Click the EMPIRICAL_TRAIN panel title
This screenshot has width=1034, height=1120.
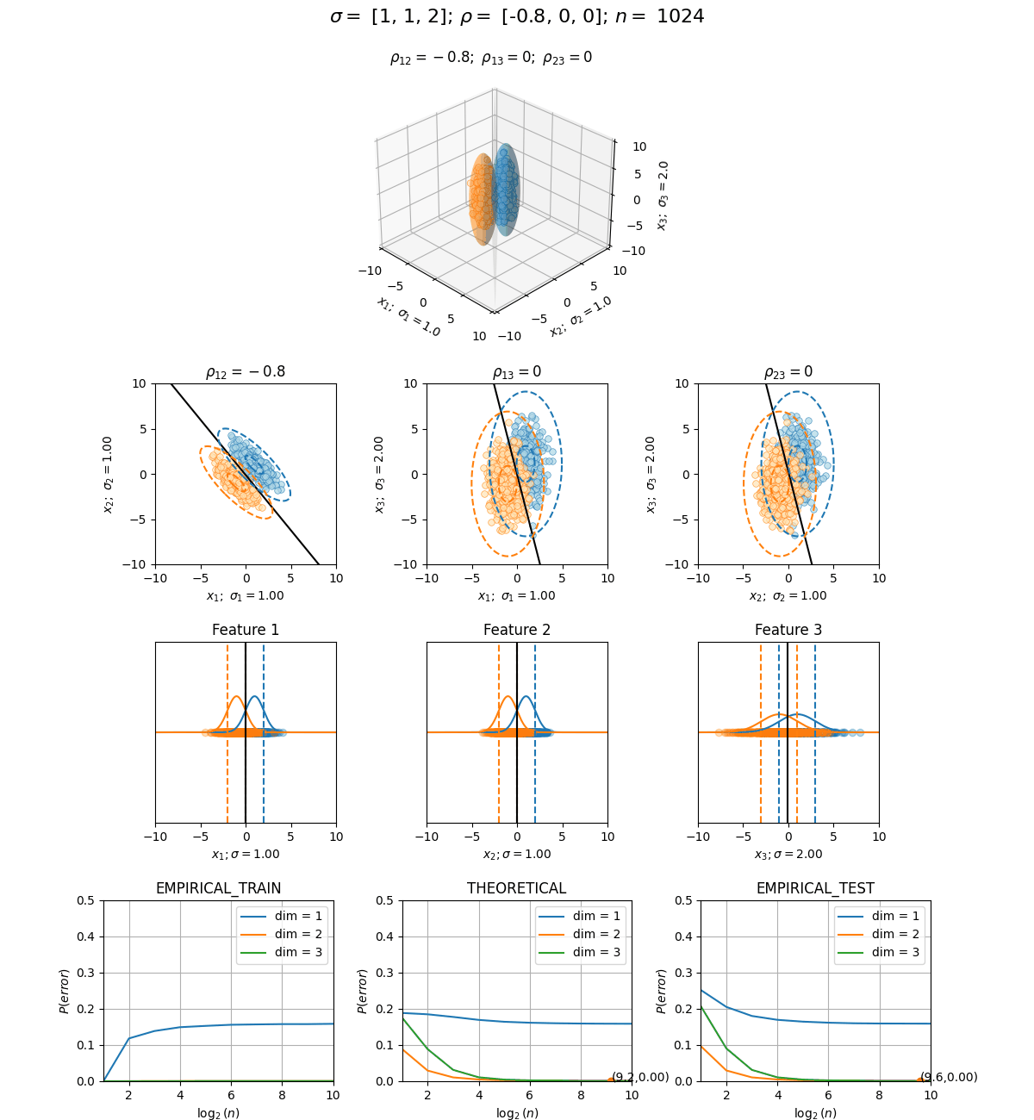[218, 888]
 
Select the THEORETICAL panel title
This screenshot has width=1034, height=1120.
[516, 888]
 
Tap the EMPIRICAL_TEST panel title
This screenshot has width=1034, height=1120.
[815, 888]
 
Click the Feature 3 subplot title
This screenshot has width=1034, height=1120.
[788, 630]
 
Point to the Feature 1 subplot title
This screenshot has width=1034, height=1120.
[246, 630]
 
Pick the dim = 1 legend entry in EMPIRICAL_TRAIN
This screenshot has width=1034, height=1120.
[281, 916]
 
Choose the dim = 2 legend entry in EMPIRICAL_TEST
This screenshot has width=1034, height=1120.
[878, 934]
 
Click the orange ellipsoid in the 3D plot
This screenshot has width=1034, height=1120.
[481, 199]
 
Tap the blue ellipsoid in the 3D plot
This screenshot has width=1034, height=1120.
[506, 189]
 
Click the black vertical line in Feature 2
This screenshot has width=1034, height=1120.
[517, 732]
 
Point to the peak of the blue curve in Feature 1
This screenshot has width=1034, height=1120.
[254, 696]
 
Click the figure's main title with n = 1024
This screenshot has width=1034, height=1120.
[517, 16]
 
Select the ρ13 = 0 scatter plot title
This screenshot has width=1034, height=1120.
[517, 371]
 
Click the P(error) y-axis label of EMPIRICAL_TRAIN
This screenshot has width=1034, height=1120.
[64, 991]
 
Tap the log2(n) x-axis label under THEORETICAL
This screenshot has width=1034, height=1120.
[517, 1112]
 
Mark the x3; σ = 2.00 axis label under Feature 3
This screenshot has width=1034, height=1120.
[788, 854]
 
